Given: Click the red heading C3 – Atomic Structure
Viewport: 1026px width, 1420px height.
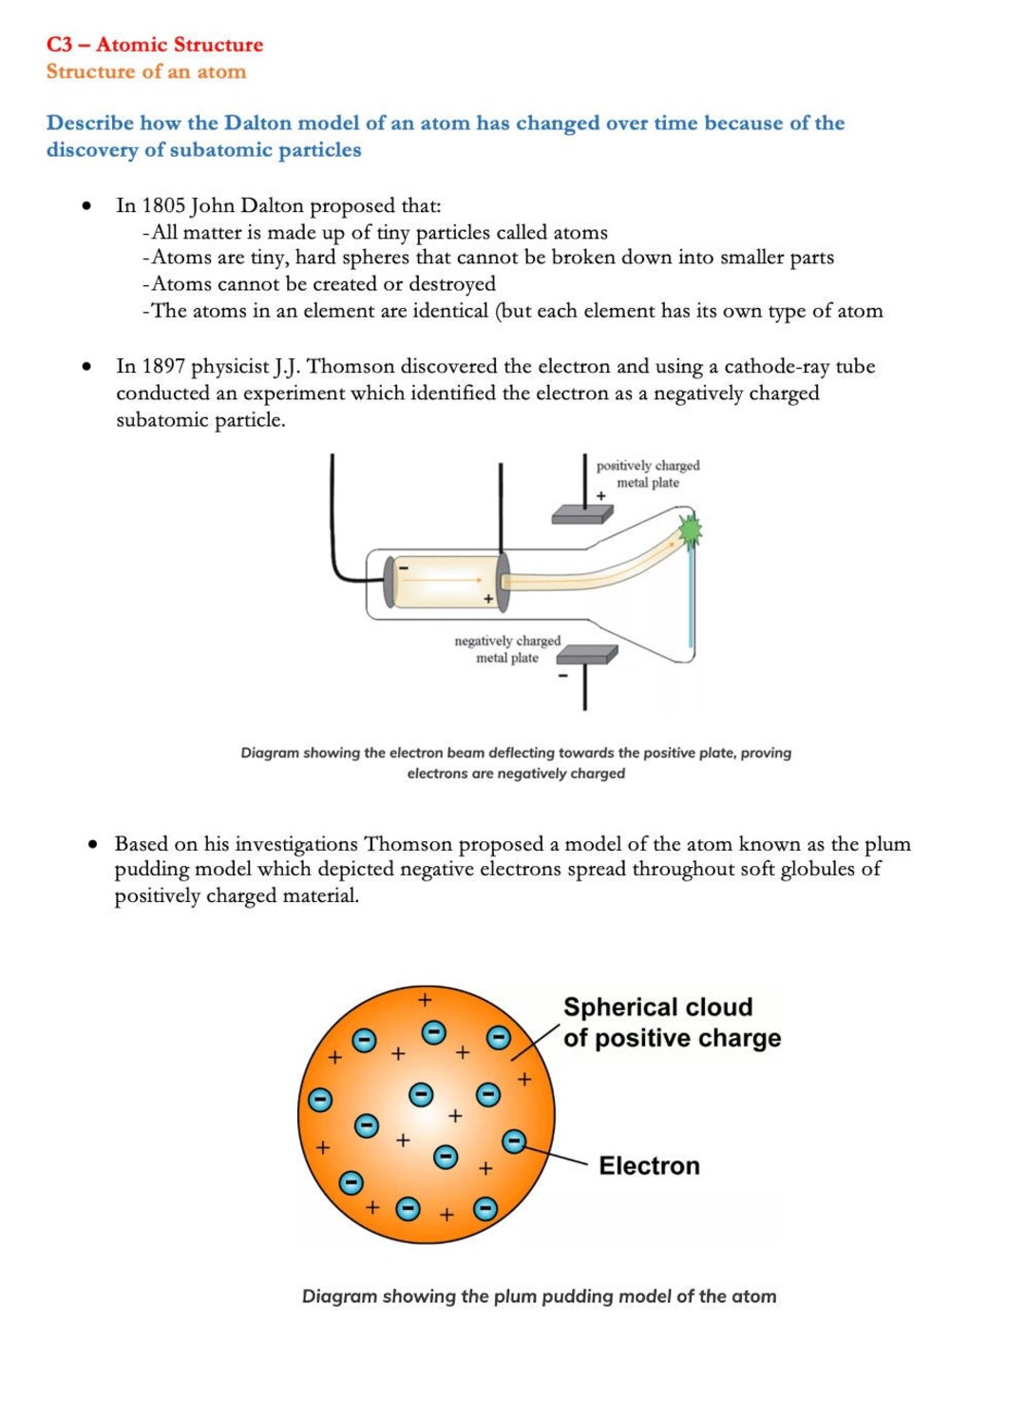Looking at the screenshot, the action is click(155, 45).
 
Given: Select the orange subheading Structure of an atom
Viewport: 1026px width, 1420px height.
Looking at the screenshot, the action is click(146, 71).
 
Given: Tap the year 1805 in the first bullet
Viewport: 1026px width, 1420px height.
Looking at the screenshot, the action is click(162, 205).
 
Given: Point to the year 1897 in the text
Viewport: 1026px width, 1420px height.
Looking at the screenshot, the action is click(162, 367).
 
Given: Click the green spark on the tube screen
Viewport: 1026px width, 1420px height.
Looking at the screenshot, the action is click(690, 530).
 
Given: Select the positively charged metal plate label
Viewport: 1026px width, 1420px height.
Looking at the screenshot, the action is click(648, 474).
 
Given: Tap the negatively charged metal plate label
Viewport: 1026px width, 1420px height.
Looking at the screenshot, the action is click(507, 649).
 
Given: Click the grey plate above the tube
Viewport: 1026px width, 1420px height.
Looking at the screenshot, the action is click(582, 513).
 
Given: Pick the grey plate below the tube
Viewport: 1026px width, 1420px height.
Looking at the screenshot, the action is click(587, 655).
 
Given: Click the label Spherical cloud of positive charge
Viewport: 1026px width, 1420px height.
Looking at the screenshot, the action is click(672, 1023).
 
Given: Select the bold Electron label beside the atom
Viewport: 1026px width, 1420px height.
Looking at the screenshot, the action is click(649, 1166).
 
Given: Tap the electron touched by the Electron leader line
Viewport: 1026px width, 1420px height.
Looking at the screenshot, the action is click(514, 1142).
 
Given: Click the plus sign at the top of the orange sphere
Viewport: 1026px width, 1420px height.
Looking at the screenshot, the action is click(425, 1000).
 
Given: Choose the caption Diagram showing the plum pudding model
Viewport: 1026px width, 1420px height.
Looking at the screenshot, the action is click(540, 1296).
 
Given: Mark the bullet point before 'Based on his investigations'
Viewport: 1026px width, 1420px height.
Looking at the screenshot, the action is click(93, 844).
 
